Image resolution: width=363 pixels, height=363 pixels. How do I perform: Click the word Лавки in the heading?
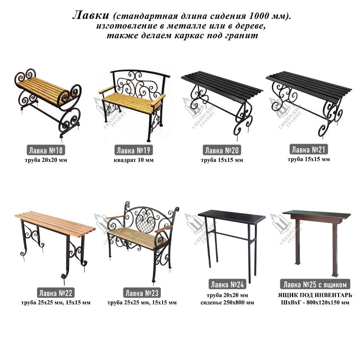coord(91,15)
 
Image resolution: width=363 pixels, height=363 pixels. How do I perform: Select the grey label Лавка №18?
coord(46,150)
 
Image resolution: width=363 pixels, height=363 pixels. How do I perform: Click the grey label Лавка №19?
coord(134,150)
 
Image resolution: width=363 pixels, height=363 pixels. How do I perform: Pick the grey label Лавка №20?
coord(222,150)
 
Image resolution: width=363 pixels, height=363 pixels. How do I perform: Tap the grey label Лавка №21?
coord(309,149)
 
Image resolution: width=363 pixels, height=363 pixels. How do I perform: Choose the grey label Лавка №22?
coord(56,293)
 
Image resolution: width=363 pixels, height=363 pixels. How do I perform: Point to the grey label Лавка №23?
coord(142,293)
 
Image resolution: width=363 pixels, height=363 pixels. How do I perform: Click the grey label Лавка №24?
coord(227,284)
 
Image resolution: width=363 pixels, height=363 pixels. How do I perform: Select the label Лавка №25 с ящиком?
coord(315,284)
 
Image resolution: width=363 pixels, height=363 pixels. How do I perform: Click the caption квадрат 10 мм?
coord(134,160)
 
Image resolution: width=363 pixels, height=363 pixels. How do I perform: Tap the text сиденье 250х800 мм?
coord(227,302)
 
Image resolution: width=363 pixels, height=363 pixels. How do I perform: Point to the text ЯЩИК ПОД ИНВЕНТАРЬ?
coord(315,295)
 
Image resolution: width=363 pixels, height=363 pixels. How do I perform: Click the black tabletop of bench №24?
coord(232,216)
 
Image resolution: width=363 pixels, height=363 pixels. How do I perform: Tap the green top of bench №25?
coord(317,214)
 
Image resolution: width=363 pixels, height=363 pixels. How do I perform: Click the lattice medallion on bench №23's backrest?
coord(146,223)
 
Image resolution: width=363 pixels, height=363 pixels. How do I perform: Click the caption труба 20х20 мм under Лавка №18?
coord(46,160)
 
